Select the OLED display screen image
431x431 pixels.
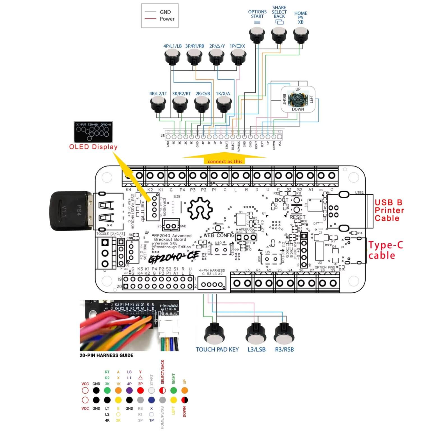click(93, 132)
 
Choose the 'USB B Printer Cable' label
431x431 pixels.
click(389, 210)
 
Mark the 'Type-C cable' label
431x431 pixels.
click(385, 250)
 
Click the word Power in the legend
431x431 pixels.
click(167, 19)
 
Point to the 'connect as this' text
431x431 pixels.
click(225, 161)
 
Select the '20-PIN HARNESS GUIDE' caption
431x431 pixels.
click(106, 355)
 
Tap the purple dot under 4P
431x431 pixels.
click(129, 390)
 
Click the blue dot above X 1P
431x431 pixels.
click(152, 400)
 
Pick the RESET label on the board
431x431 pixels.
click(297, 217)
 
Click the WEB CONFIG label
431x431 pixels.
click(219, 235)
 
